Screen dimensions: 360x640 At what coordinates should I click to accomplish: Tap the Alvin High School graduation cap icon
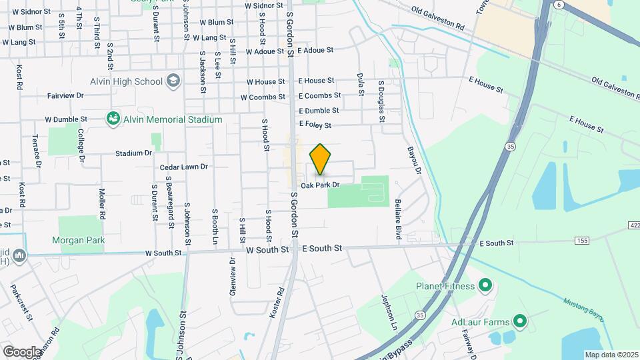coord(174,81)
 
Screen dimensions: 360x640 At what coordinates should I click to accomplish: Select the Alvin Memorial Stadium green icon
coord(113,119)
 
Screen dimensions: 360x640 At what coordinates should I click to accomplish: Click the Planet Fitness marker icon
coord(485,287)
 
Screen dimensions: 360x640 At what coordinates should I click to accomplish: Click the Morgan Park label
coord(79,240)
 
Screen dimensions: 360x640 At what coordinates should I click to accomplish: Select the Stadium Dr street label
coord(133,153)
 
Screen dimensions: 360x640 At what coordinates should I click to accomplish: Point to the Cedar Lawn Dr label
coord(183,167)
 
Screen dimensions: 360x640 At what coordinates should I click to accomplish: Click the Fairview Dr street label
coord(65,95)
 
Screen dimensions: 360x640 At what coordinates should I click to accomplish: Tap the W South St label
coord(163,253)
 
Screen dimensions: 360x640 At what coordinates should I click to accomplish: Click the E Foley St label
coord(325,124)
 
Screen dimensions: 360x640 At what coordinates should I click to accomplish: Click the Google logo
coord(22,351)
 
